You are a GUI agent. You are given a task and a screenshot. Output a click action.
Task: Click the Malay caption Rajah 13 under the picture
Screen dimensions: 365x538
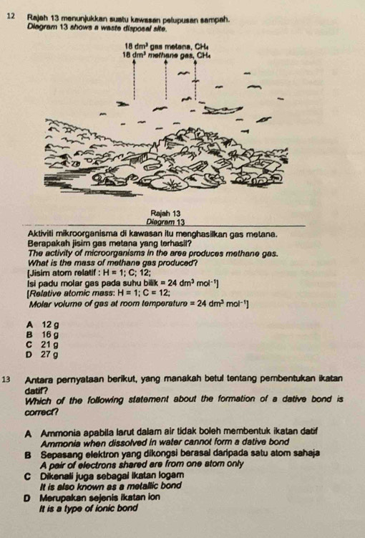click(x=165, y=213)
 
